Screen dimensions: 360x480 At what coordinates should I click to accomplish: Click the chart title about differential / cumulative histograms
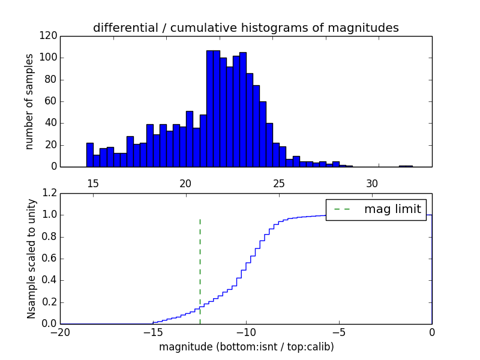coord(245,28)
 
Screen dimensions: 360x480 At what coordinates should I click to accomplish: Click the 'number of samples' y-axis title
coord(29,101)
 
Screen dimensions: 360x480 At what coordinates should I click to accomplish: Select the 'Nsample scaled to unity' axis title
coord(31,259)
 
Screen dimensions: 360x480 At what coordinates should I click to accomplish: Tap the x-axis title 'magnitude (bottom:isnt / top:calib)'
coord(246,347)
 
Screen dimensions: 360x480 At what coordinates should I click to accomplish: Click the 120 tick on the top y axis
coord(49,36)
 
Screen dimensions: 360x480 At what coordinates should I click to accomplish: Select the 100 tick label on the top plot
coord(49,58)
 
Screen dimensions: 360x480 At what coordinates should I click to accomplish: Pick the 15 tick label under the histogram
coord(93,184)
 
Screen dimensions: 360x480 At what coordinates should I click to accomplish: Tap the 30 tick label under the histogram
coord(372,184)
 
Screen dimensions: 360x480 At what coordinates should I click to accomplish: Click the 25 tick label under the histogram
coord(279,184)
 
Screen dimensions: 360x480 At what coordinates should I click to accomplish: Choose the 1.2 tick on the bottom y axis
coord(50,193)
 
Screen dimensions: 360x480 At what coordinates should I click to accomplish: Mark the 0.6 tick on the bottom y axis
coord(50,259)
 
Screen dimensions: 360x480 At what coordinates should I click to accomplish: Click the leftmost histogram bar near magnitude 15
coord(90,155)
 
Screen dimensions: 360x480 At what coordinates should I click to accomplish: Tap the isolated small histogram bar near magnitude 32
coord(406,166)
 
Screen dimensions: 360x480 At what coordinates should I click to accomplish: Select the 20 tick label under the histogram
coord(186,184)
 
